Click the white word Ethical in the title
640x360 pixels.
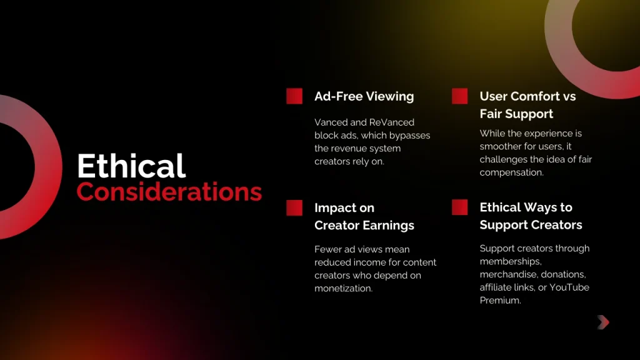click(131, 167)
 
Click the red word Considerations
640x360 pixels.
click(169, 192)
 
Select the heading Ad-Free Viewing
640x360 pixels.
click(364, 96)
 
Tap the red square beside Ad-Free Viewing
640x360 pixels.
click(294, 96)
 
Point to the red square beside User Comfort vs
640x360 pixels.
click(459, 96)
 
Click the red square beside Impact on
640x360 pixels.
click(294, 208)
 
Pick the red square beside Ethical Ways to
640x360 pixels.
click(459, 207)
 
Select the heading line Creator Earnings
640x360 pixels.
click(364, 225)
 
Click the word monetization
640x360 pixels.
click(343, 288)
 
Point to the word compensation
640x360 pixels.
click(511, 172)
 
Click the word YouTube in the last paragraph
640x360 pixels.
click(568, 287)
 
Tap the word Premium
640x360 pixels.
click(499, 301)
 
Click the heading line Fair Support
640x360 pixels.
click(516, 114)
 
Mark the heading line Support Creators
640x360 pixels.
click(531, 225)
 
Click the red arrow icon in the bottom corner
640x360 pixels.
click(602, 322)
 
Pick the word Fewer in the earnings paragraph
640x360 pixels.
click(329, 249)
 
